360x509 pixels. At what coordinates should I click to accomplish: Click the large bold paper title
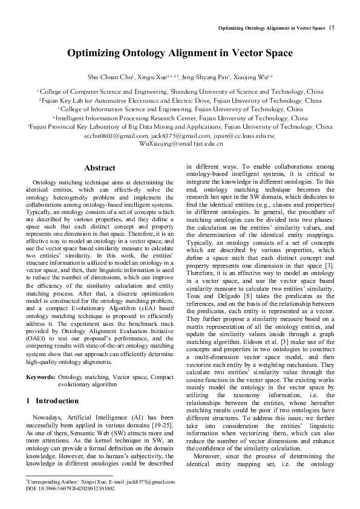pyautogui.click(x=180, y=53)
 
